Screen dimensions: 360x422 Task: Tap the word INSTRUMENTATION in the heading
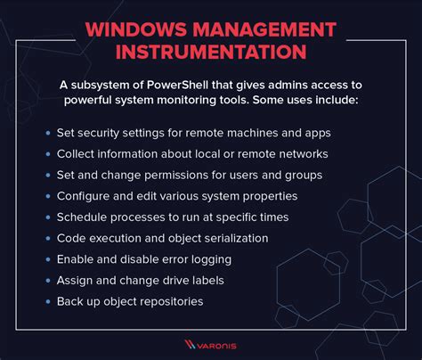(x=210, y=55)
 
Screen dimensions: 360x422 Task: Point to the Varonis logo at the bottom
(x=211, y=343)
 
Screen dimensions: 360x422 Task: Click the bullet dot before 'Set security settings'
(x=47, y=132)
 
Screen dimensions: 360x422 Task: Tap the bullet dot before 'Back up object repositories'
(x=47, y=301)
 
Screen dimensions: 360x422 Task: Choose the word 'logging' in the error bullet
(x=209, y=259)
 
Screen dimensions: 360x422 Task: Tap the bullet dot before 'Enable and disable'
(x=47, y=259)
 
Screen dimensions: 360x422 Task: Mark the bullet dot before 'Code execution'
(x=47, y=238)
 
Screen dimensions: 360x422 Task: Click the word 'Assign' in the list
(x=76, y=281)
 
